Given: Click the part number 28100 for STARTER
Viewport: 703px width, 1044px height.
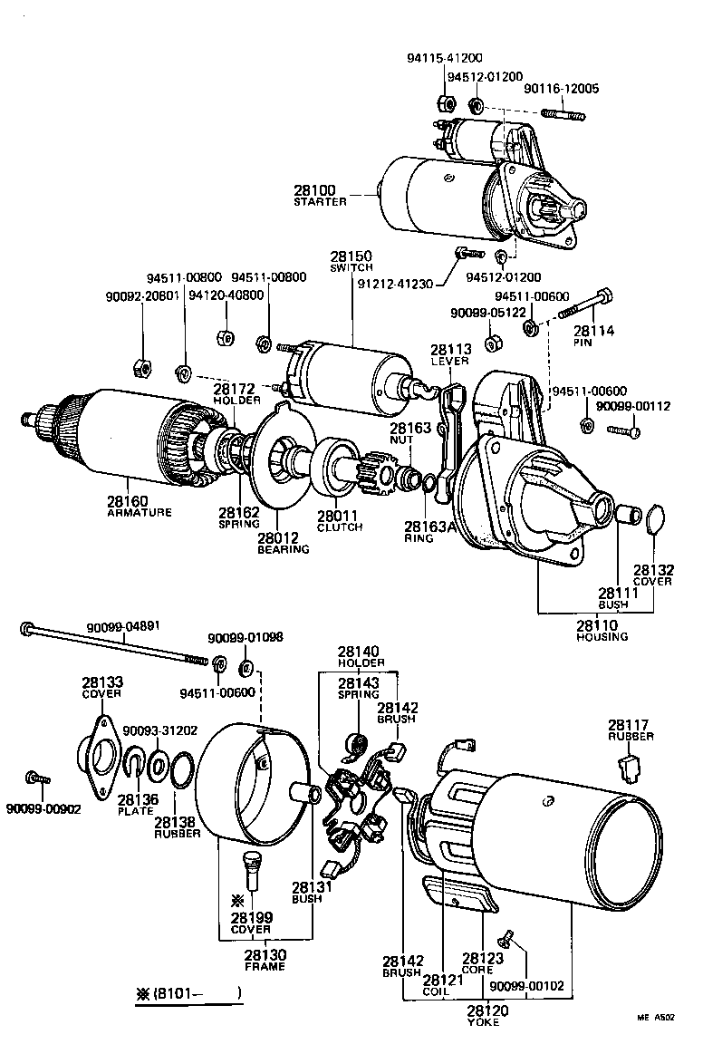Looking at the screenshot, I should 313,190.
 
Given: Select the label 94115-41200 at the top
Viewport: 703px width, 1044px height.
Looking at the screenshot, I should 446,57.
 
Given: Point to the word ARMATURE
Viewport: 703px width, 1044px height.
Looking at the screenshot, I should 140,513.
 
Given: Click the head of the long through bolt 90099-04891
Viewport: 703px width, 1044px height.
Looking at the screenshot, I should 28,626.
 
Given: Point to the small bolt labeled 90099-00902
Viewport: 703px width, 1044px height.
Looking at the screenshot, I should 37,777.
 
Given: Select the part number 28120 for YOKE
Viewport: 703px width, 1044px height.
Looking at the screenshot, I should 487,1010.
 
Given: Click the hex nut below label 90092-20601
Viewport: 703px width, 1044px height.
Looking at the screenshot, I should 140,366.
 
